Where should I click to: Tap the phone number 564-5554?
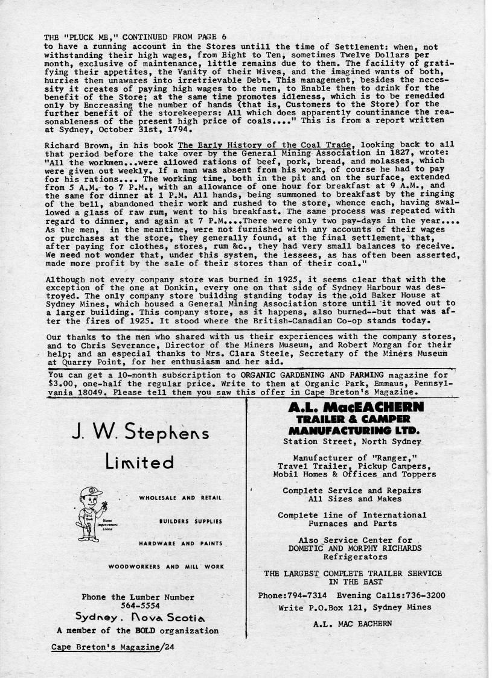138,606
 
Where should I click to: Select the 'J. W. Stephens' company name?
140,432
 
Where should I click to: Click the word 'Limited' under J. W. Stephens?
139,463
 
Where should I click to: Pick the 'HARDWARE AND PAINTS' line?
181,543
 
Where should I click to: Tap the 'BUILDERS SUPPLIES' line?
191,521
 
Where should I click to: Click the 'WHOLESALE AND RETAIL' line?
181,498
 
